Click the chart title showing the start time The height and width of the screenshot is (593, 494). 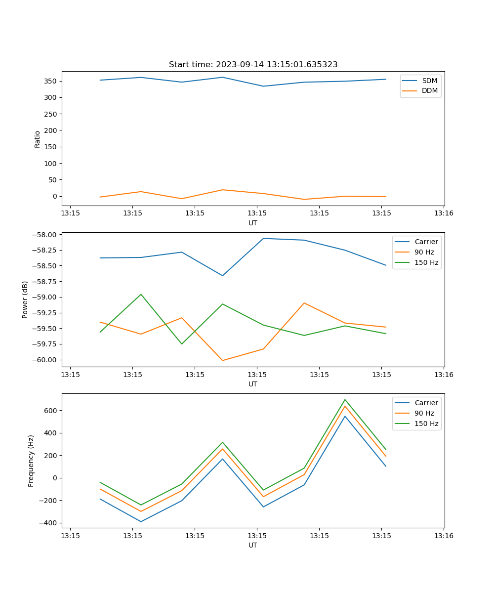[253, 65]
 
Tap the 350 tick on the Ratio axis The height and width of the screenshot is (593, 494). [51, 81]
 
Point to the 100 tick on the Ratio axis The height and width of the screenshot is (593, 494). [51, 164]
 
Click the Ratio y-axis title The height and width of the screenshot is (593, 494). [38, 139]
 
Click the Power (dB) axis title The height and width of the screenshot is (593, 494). [25, 299]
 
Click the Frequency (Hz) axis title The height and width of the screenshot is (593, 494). [31, 461]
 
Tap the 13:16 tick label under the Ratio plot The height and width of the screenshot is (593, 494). [444, 213]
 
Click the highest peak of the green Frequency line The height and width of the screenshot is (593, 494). [345, 399]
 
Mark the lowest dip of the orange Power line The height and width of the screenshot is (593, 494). [222, 360]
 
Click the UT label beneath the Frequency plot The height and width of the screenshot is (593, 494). [253, 545]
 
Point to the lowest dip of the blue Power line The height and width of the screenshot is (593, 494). [222, 276]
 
